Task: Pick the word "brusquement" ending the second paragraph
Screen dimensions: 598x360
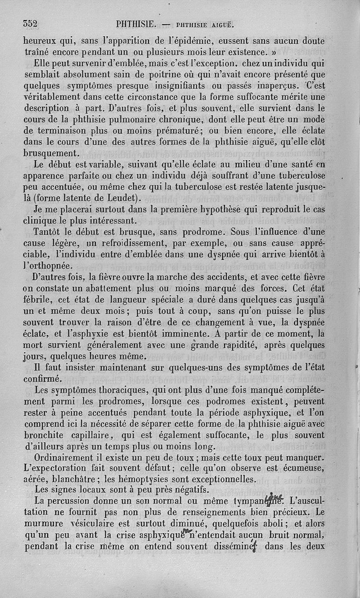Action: pos(51,154)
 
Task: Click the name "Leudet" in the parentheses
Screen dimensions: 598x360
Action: pos(123,198)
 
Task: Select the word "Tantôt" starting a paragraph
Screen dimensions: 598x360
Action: pos(49,232)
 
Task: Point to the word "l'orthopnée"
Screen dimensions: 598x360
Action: pos(46,266)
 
